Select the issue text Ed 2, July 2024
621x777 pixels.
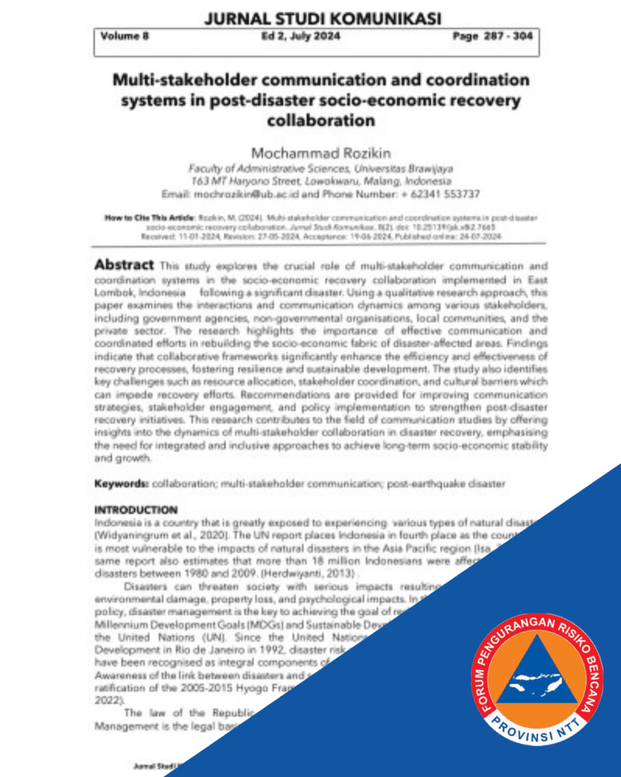[x=302, y=36]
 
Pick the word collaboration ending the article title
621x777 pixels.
[x=321, y=120]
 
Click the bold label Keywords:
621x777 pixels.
[x=121, y=483]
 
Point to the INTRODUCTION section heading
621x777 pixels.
[x=136, y=510]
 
